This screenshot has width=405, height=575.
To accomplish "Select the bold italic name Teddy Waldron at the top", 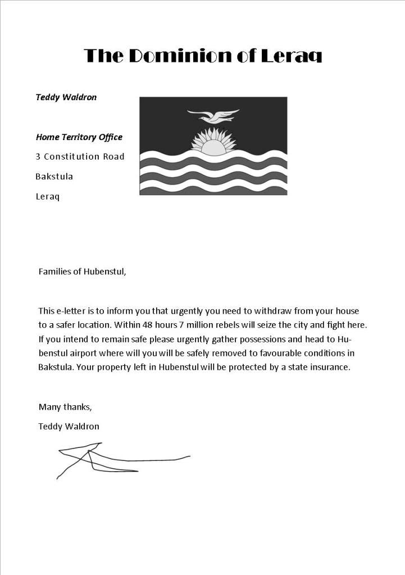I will click(66, 97).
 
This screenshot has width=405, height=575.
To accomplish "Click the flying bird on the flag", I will click(213, 116).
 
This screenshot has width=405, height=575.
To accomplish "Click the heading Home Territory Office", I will click(79, 137).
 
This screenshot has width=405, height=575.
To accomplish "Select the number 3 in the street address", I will click(38, 156).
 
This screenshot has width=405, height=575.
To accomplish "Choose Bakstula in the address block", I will click(54, 176).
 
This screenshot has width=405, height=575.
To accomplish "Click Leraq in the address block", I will click(47, 197).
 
